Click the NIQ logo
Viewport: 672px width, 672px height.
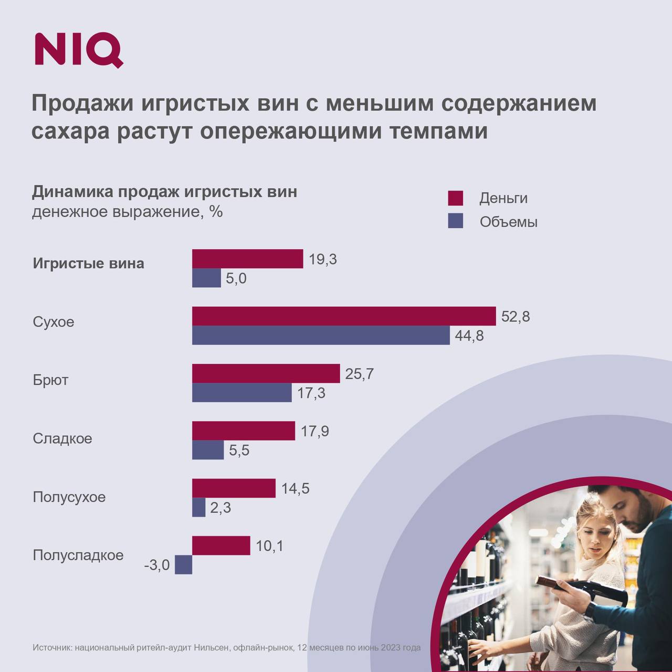click(79, 50)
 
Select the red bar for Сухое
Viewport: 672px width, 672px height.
click(344, 316)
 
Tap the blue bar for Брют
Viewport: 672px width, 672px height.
click(241, 392)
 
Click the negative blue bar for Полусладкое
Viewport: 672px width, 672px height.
click(183, 565)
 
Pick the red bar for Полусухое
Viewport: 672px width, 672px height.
click(234, 488)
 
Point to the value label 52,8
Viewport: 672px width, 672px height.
click(516, 317)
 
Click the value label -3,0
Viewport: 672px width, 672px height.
click(157, 565)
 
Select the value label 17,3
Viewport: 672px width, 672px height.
click(311, 393)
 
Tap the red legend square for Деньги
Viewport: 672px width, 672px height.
click(455, 198)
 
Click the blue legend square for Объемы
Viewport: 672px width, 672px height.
click(455, 221)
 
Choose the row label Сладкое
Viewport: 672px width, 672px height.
click(62, 438)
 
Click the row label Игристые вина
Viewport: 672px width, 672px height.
click(88, 263)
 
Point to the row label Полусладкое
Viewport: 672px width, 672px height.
click(78, 555)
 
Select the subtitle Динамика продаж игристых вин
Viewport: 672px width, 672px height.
click(164, 192)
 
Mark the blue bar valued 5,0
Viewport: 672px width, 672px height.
click(206, 278)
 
